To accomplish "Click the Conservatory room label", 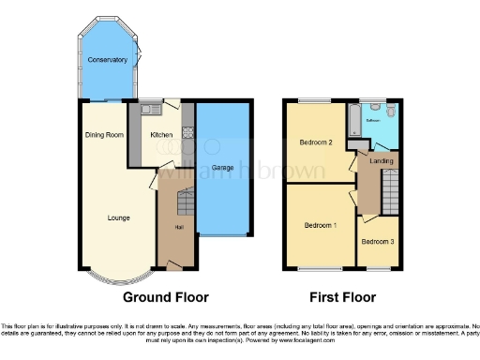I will tap(108, 60).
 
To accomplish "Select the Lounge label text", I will tap(118, 217).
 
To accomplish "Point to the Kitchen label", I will tap(162, 135).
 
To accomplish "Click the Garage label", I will tap(222, 168).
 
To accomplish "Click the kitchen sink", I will tap(149, 111).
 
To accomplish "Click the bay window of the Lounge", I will tap(118, 278).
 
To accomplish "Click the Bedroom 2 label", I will tap(317, 142).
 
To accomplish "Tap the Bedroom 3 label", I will tap(377, 242).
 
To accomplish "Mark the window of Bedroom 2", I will tap(315, 99).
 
